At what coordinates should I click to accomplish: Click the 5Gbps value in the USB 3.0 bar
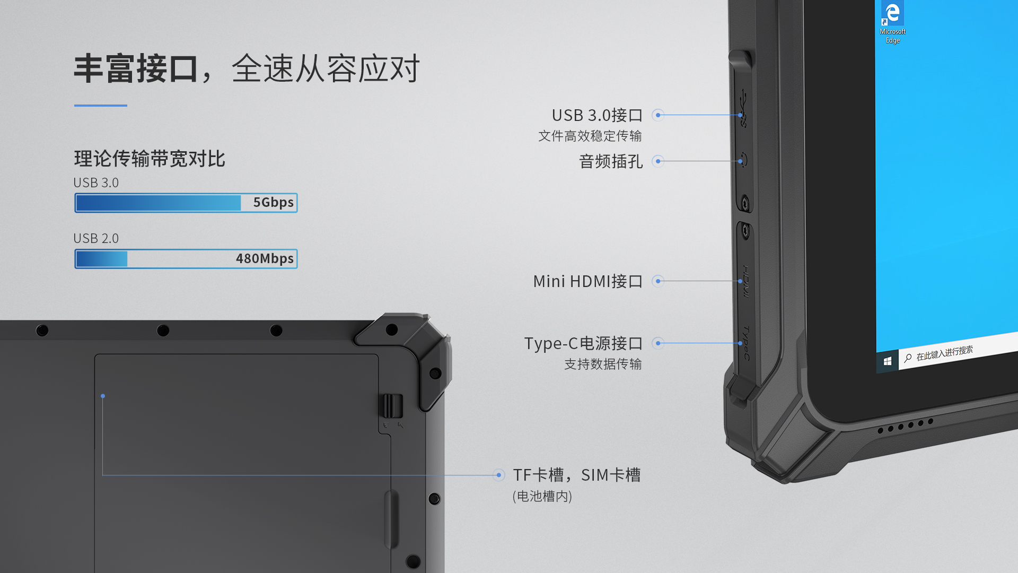coord(273,202)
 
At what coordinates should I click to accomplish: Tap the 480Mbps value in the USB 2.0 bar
coord(265,258)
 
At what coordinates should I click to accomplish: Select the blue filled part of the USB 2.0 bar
coord(102,259)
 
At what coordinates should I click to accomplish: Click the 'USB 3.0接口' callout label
coord(597,115)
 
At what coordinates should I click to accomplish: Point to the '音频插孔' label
coord(611,161)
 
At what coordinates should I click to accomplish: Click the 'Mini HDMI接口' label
coord(587,281)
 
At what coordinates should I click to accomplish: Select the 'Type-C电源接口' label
coord(583,343)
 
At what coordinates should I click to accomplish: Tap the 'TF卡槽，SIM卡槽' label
coord(577,475)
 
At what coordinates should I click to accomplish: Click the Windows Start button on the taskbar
coord(888,361)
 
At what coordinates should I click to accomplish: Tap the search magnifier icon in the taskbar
coord(908,358)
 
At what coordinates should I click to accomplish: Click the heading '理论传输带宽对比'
coord(150,159)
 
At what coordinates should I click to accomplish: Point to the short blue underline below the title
coord(101,106)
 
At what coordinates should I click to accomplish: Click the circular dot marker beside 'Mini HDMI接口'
coord(658,281)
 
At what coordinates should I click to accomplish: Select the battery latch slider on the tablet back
coord(391,406)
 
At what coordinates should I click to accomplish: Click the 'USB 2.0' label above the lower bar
coord(96,238)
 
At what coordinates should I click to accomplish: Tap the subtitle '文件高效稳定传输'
coord(590,136)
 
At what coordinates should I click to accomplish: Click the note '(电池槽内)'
coord(542,496)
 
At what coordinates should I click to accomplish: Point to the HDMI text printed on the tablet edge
coord(745,281)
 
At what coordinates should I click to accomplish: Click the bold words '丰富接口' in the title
coord(136,69)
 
